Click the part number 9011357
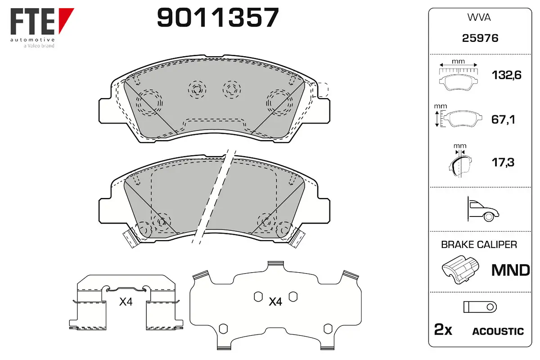pyautogui.click(x=218, y=17)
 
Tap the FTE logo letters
pyautogui.click(x=32, y=22)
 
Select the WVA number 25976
pyautogui.click(x=480, y=38)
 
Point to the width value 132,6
pyautogui.click(x=507, y=75)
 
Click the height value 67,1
pyautogui.click(x=503, y=119)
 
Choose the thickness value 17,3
pyautogui.click(x=503, y=162)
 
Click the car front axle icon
pyautogui.click(x=483, y=209)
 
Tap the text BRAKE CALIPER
pyautogui.click(x=479, y=244)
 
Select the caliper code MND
pyautogui.click(x=511, y=270)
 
